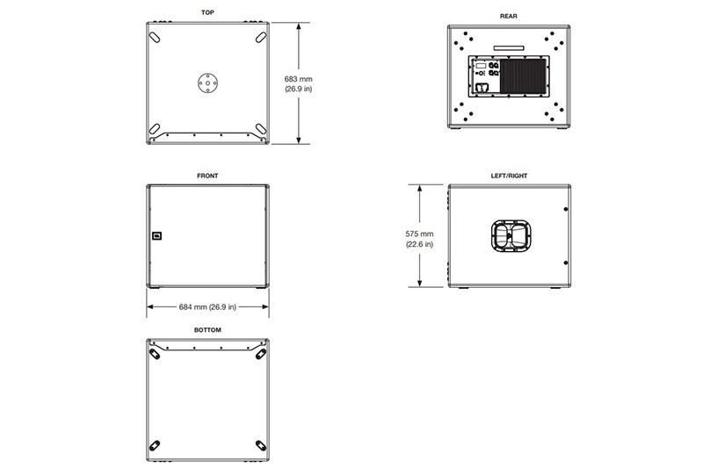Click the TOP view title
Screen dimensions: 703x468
pyautogui.click(x=207, y=12)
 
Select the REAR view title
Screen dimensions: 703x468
pyautogui.click(x=509, y=16)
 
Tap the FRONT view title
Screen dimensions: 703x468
pyautogui.click(x=207, y=176)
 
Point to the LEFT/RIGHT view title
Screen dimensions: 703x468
pyautogui.click(x=509, y=176)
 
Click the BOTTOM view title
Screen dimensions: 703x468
pyautogui.click(x=207, y=330)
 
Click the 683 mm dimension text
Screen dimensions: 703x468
pyautogui.click(x=298, y=79)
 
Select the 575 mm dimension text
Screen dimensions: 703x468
pyautogui.click(x=419, y=234)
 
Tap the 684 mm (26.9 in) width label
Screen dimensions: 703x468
pyautogui.click(x=207, y=306)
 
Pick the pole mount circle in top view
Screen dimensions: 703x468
pyautogui.click(x=208, y=83)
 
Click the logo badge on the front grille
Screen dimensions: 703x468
pyautogui.click(x=156, y=236)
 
